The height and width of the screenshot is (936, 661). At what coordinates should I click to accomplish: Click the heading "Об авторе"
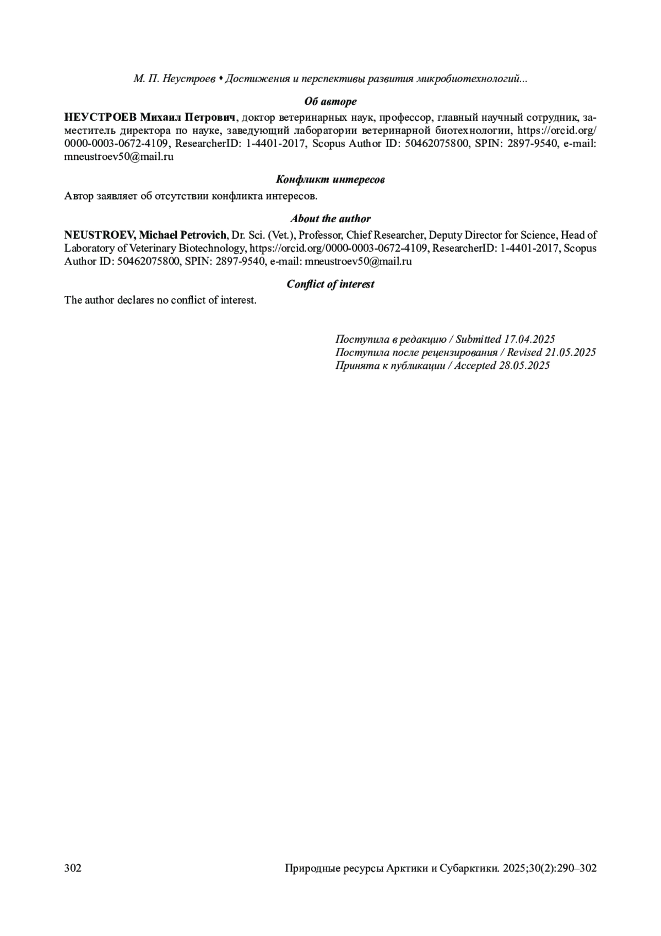tap(330, 101)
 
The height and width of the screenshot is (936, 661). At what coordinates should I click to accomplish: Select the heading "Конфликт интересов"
tap(330, 180)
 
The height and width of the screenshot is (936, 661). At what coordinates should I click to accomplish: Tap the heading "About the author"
tap(330, 219)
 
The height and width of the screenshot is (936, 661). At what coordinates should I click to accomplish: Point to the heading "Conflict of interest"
tap(330, 284)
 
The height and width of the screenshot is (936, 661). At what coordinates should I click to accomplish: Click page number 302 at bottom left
tap(73, 868)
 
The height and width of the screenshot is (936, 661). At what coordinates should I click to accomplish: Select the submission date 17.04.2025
tap(529, 340)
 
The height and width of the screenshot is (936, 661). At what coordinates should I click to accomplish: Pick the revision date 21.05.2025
tap(570, 352)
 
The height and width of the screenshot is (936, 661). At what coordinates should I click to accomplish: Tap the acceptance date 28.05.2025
tap(524, 365)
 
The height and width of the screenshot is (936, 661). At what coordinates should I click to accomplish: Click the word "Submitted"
tap(478, 340)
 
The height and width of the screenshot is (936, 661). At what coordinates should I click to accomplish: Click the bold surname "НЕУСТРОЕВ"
tap(100, 117)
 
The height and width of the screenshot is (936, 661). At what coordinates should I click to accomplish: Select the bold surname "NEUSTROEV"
tap(100, 235)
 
